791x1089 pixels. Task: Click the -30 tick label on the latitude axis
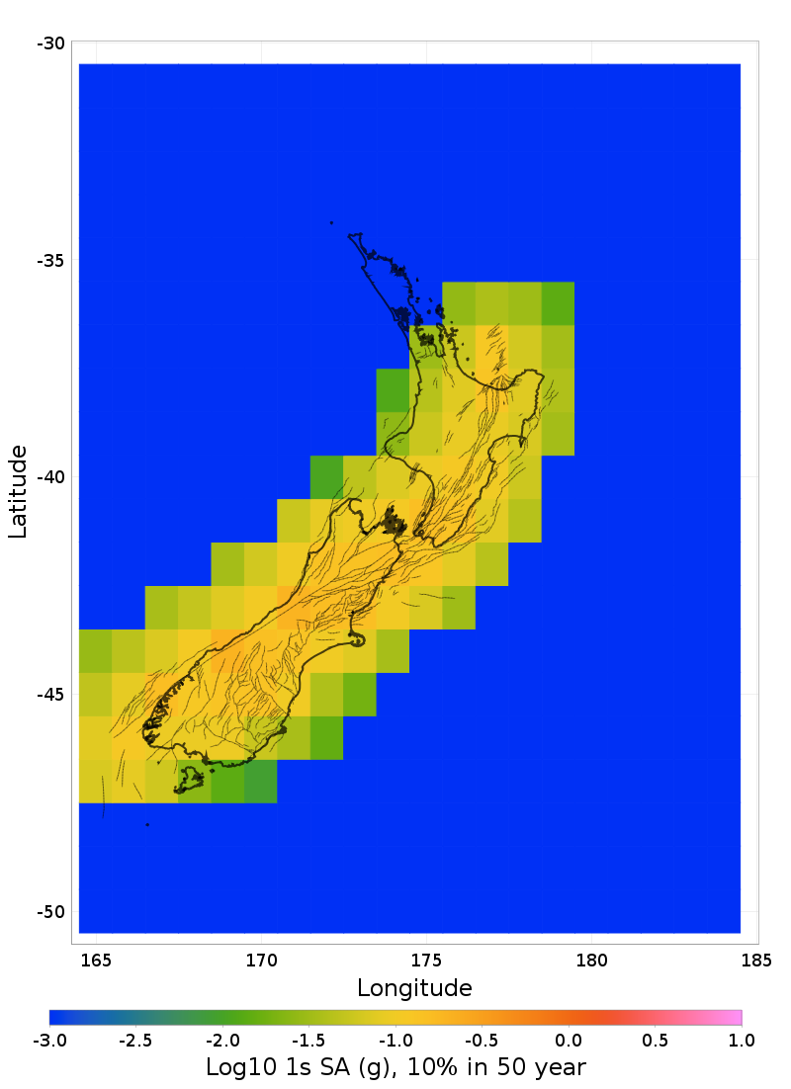click(x=50, y=43)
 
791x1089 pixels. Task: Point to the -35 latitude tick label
click(x=50, y=261)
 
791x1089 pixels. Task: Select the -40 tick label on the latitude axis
click(x=50, y=477)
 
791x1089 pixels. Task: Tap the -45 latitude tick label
click(x=50, y=695)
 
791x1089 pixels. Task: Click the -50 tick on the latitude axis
click(x=50, y=912)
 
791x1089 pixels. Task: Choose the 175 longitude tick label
click(x=426, y=960)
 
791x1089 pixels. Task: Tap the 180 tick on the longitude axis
click(x=591, y=960)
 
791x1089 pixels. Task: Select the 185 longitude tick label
click(x=756, y=960)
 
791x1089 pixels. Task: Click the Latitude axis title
click(x=18, y=491)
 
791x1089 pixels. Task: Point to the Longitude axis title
click(x=414, y=987)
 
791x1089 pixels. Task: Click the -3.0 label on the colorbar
click(x=49, y=1040)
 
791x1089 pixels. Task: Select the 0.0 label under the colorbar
click(x=569, y=1040)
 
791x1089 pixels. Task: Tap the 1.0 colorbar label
click(x=742, y=1040)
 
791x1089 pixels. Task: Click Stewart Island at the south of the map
click(x=188, y=782)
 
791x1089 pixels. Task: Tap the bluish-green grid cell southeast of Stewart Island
click(x=260, y=781)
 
